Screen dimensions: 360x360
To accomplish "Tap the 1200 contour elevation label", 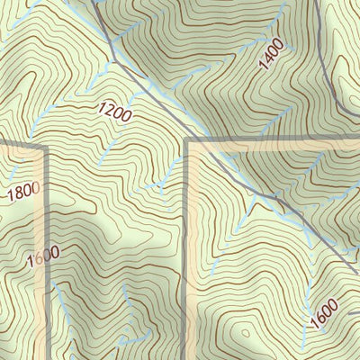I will coord(115,113).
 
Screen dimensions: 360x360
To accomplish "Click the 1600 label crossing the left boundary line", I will coord(42,256).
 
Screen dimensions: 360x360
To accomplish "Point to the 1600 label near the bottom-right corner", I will coord(324,315).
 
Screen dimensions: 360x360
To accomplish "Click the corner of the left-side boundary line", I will coord(42,145).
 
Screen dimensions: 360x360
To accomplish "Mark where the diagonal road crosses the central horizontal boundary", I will coord(205,142).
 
